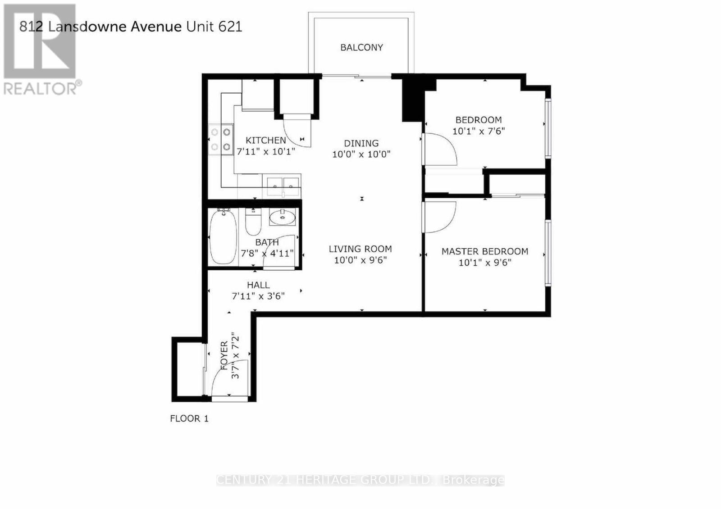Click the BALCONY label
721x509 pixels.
pos(361,48)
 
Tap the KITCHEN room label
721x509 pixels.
pos(265,140)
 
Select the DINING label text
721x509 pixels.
pos(361,143)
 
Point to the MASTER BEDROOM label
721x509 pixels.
pos(485,251)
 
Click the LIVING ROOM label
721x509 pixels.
pos(360,249)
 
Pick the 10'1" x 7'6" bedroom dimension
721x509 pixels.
pos(479,131)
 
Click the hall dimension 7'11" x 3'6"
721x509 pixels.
pos(258,296)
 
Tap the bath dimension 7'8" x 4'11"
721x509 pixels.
pos(267,254)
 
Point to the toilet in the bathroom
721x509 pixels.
pos(253,222)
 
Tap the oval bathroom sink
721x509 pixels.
pos(282,217)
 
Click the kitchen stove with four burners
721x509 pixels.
pos(221,140)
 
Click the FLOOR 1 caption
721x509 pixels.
pos(189,418)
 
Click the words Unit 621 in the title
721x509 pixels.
pos(214,27)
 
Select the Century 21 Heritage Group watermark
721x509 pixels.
pos(360,480)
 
